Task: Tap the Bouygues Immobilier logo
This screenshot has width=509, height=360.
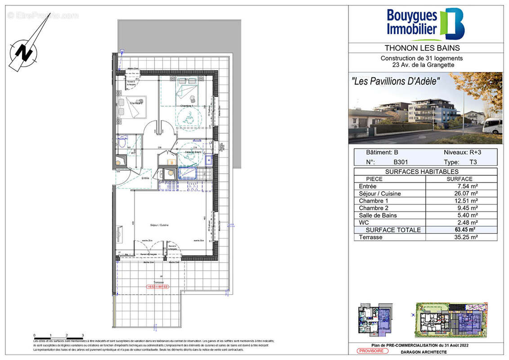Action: click(425, 24)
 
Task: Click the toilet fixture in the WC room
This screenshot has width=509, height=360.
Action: click(122, 144)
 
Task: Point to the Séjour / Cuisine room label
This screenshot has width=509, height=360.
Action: click(159, 225)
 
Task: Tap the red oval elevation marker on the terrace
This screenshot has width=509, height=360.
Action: click(157, 287)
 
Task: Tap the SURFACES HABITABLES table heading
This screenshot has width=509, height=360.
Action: click(425, 171)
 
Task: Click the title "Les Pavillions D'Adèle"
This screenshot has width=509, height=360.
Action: click(395, 81)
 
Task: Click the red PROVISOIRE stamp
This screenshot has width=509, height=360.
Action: click(371, 351)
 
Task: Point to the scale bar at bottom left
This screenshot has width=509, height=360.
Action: click(58, 337)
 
